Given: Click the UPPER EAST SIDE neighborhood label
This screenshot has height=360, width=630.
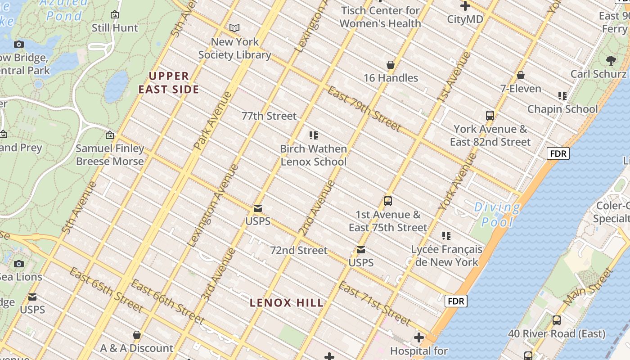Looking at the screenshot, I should [169, 82].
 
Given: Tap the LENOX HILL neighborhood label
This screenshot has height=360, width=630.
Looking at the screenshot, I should [287, 303].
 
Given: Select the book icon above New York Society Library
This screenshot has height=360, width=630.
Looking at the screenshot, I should [234, 28].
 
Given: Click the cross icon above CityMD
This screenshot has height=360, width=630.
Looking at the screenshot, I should [465, 6].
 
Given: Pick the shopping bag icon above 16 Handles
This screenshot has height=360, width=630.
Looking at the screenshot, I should [391, 65].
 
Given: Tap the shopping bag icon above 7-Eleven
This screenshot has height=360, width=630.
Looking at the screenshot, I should [521, 75].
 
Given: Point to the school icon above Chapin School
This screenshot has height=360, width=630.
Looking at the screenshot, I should [562, 95].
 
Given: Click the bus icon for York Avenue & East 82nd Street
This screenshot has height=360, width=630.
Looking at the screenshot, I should [490, 116].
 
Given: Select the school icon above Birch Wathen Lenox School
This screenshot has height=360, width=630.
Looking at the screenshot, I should [314, 135].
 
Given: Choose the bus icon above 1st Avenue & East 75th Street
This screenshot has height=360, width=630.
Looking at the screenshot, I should [388, 201].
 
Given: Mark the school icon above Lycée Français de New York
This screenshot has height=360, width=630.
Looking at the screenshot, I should [446, 235].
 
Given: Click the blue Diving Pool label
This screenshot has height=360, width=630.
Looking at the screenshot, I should [497, 214].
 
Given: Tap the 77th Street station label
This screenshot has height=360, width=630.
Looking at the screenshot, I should [269, 116].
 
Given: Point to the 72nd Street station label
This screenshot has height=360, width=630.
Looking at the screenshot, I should [298, 250].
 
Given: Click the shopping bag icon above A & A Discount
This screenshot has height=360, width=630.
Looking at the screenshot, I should [137, 335].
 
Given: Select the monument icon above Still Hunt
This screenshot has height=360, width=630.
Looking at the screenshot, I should [115, 15].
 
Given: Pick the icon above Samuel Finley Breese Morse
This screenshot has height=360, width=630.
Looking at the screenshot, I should [109, 135].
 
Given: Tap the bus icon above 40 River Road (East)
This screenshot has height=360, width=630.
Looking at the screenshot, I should [556, 320].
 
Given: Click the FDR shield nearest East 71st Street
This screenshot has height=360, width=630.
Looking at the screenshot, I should [456, 301].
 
